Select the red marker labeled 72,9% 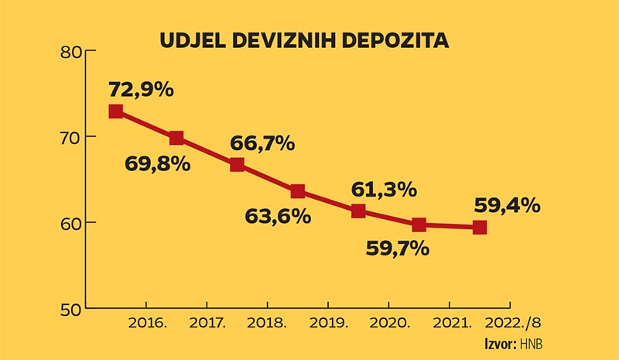click(x=116, y=111)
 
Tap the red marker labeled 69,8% click(x=176, y=138)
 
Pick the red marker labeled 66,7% click(x=238, y=164)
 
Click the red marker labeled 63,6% click(x=298, y=191)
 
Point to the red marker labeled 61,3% click(x=358, y=211)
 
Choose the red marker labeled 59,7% click(x=419, y=225)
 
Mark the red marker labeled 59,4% click(x=480, y=227)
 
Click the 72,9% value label click(x=141, y=88)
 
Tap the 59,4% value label click(x=508, y=206)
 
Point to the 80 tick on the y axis click(x=70, y=51)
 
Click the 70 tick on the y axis click(x=70, y=137)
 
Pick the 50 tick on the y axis click(x=70, y=309)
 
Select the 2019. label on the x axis click(x=328, y=321)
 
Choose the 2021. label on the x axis click(x=449, y=321)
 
